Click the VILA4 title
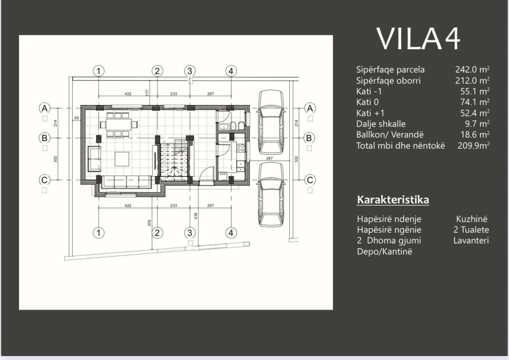pyautogui.click(x=418, y=39)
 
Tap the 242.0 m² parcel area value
pyautogui.click(x=472, y=70)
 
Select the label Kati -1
pyautogui.click(x=370, y=91)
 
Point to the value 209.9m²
pyautogui.click(x=474, y=146)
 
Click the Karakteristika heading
pyautogui.click(x=393, y=200)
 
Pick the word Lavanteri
pyautogui.click(x=471, y=240)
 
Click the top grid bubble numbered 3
pyautogui.click(x=189, y=71)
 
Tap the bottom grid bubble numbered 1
pyautogui.click(x=99, y=232)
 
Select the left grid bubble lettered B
pyautogui.click(x=45, y=138)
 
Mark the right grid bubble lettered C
pyautogui.click(x=310, y=180)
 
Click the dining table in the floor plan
pyautogui.click(x=118, y=124)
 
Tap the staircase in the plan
pyautogui.click(x=175, y=158)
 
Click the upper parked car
pyautogui.click(x=271, y=121)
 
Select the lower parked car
pyautogui.click(x=271, y=194)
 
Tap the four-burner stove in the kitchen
pyautogui.click(x=241, y=148)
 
